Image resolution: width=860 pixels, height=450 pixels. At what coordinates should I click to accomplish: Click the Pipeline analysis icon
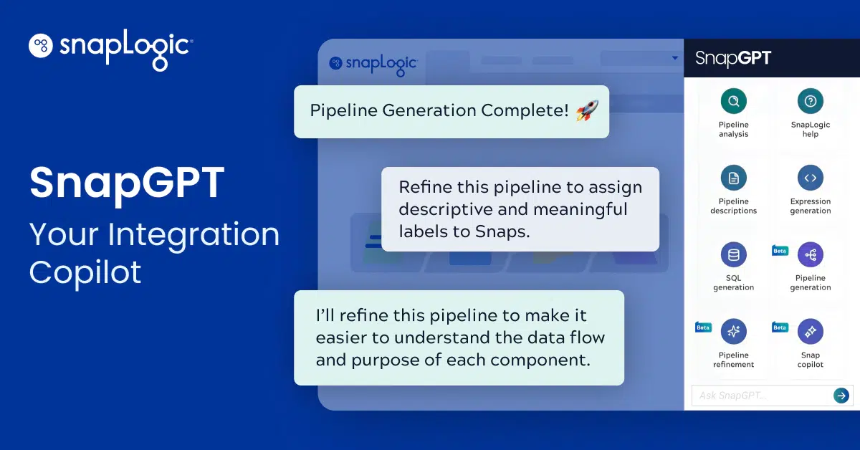[x=733, y=101]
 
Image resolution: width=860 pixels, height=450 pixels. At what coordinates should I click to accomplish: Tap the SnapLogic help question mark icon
[x=810, y=101]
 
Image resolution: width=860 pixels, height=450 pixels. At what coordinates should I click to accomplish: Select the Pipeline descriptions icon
[x=733, y=178]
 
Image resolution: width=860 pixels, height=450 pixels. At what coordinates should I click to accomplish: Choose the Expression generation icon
[x=810, y=178]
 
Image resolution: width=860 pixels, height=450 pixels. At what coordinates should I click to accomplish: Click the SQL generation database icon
[x=733, y=254]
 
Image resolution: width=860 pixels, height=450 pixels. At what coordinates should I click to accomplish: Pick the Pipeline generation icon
[x=811, y=254]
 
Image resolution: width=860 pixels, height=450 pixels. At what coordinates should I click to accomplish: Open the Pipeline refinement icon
[x=733, y=331]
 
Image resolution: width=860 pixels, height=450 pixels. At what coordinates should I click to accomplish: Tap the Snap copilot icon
[x=811, y=331]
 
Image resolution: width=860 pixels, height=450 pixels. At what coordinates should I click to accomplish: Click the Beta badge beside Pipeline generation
[x=780, y=251]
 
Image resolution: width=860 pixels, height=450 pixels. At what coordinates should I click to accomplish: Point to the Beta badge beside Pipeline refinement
[x=703, y=327]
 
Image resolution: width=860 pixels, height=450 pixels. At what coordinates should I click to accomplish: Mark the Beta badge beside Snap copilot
[x=780, y=327]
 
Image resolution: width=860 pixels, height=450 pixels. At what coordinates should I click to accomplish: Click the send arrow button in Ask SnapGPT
[x=841, y=396]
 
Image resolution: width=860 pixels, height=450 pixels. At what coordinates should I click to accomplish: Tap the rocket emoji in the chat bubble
[x=587, y=110]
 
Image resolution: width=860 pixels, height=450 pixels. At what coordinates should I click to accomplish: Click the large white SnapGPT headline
[x=127, y=183]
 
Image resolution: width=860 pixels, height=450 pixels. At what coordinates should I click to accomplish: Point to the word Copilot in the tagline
[x=85, y=273]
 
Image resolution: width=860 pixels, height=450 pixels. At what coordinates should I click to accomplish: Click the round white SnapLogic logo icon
[x=42, y=46]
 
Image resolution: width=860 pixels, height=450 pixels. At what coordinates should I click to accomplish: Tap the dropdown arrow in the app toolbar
[x=674, y=59]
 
